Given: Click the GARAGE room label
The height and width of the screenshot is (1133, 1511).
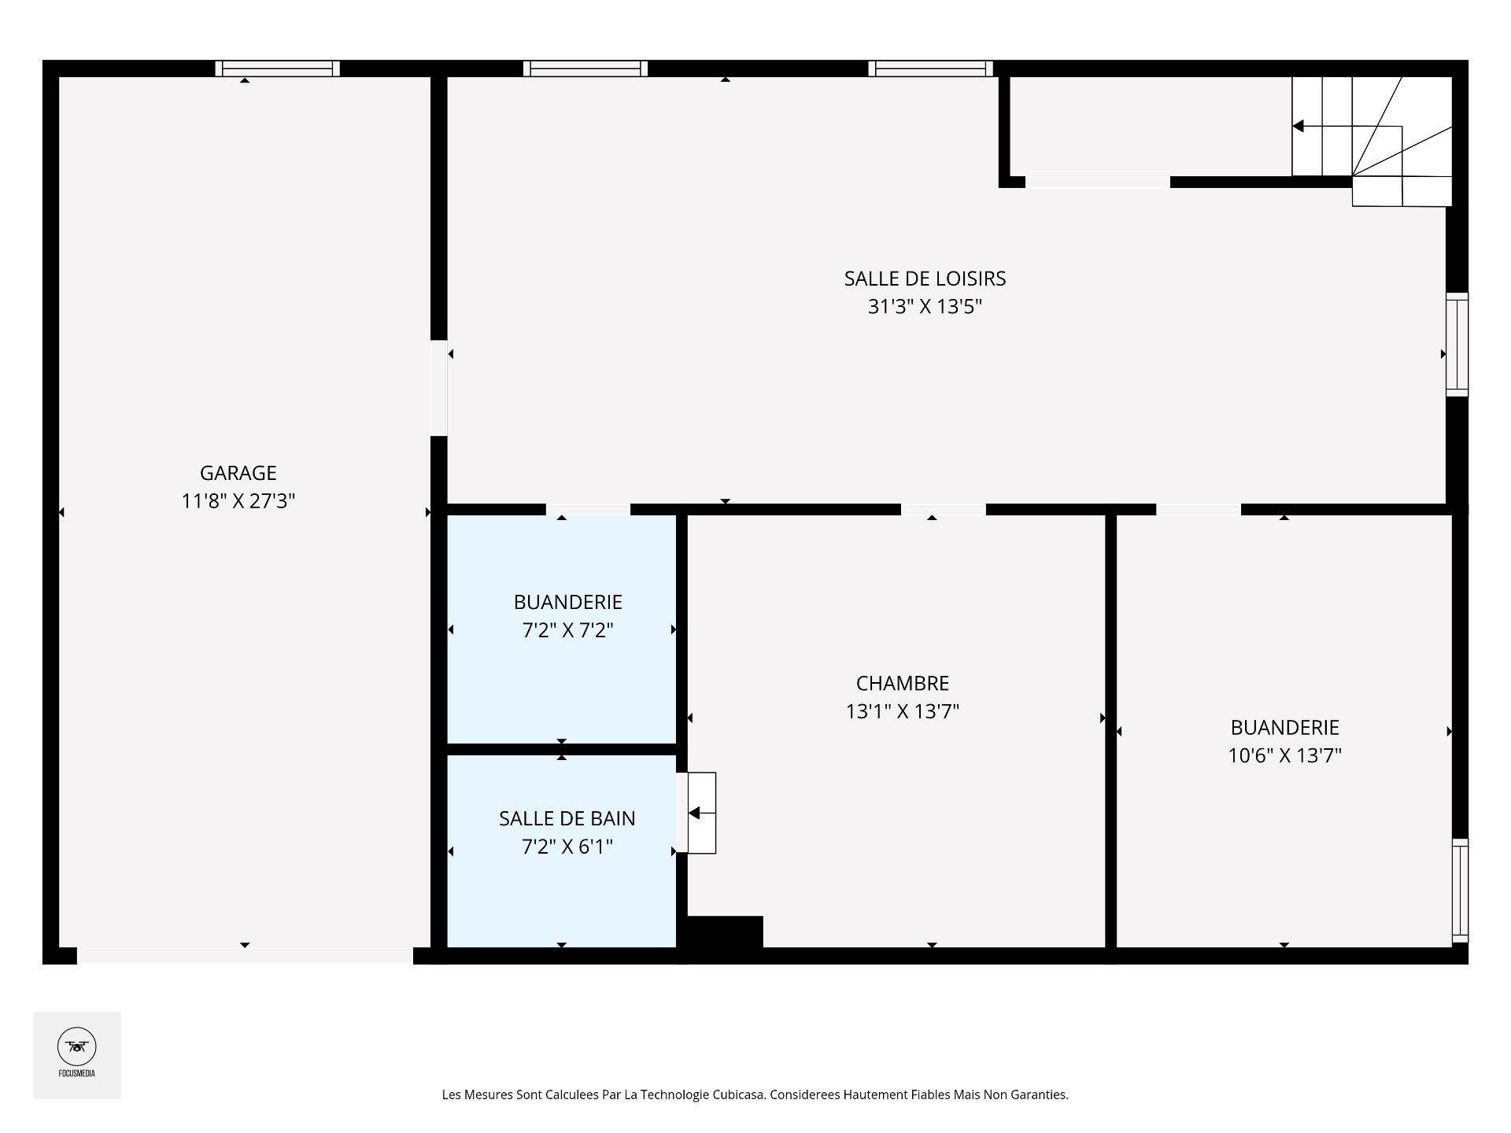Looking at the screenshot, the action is click(x=238, y=473).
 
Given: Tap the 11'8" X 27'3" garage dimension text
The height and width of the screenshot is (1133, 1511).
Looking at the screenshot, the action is click(x=238, y=501).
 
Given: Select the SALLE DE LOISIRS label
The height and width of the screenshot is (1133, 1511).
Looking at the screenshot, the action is click(x=925, y=279).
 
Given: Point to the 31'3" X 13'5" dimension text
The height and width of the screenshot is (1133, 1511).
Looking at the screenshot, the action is click(x=925, y=307).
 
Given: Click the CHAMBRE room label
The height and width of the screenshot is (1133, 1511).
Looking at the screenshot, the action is click(x=903, y=683).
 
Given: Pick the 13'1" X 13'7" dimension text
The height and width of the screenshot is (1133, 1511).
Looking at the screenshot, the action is click(x=903, y=712).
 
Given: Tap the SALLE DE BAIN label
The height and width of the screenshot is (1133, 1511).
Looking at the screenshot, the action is click(x=567, y=818).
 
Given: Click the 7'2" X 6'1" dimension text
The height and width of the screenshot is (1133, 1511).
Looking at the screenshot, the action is click(x=567, y=847).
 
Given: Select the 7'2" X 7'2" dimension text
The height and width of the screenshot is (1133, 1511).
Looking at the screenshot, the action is click(x=567, y=630).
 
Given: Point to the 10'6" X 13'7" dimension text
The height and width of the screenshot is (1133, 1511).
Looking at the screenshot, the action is click(x=1284, y=756).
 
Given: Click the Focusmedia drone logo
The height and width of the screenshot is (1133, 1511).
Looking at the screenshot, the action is click(x=77, y=1046).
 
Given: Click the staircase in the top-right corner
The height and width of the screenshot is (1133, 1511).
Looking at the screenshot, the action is click(x=1372, y=142).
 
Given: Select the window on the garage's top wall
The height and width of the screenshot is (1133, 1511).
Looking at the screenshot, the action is click(x=277, y=68).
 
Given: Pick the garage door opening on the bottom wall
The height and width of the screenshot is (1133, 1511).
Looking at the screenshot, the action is click(x=245, y=956).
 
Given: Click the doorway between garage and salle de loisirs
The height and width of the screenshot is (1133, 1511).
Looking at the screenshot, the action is click(x=439, y=388).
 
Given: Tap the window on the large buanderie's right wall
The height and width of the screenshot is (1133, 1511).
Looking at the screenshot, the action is click(x=1460, y=890).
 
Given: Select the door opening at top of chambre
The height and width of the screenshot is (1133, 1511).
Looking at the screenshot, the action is click(x=943, y=510).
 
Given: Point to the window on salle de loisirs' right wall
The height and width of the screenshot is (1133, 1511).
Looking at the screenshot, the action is click(x=1457, y=345).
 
